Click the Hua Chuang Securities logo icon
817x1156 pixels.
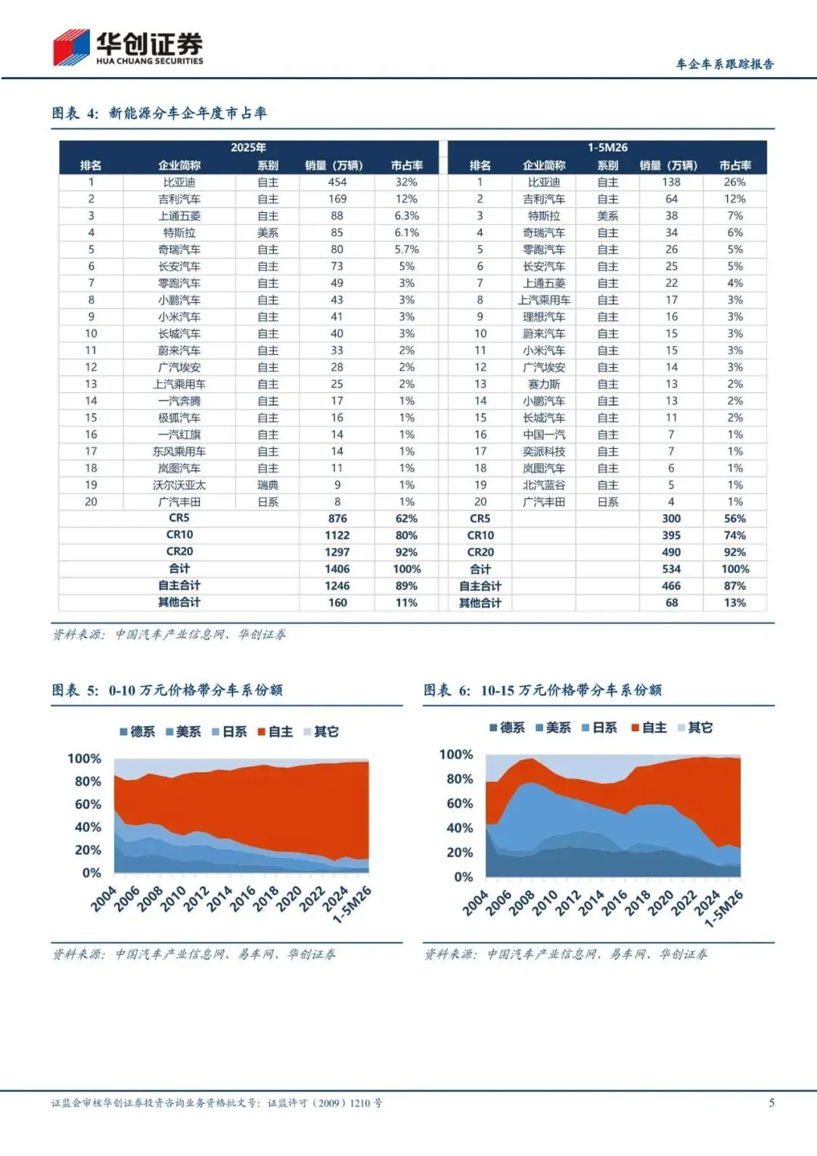72,48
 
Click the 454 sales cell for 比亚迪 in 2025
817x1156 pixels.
337,182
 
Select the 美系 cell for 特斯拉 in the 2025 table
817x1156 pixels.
268,232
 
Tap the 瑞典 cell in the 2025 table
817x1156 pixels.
268,485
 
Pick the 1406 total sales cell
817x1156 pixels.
337,569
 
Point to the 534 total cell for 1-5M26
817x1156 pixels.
671,569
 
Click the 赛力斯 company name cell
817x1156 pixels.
544,384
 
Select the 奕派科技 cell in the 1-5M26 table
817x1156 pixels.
544,451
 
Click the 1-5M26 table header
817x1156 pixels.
607,148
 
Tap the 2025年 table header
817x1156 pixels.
248,148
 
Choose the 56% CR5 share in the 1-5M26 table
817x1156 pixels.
735,519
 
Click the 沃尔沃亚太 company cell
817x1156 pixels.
179,485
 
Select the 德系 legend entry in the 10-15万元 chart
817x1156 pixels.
507,728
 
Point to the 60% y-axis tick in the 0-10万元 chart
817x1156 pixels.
89,804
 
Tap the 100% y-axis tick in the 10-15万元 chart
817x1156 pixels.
456,755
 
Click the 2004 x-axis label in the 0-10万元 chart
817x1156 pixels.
104,899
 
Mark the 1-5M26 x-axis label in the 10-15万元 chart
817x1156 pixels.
724,908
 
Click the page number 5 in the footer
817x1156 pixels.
772,1103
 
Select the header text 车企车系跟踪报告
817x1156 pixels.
725,64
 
